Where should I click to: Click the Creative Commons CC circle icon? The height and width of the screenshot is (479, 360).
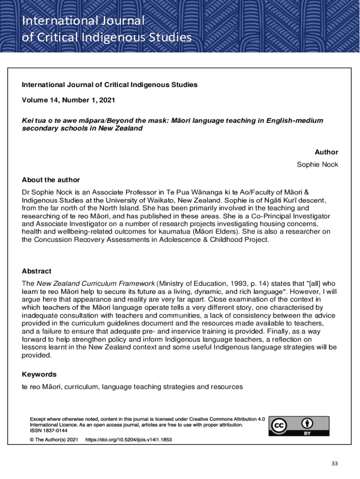pyautogui.click(x=280, y=426)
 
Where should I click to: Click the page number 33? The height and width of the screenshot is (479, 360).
pyautogui.click(x=334, y=464)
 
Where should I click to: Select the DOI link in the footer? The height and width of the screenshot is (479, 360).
pyautogui.click(x=125, y=440)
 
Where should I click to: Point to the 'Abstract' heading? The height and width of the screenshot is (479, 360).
pyautogui.click(x=36, y=271)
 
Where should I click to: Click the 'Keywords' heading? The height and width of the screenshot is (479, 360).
pyautogui.click(x=39, y=374)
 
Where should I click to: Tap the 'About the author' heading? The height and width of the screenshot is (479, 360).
pyautogui.click(x=51, y=180)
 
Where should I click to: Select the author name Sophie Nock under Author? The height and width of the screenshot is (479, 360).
pyautogui.click(x=317, y=165)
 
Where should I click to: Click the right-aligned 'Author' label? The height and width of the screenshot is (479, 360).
pyautogui.click(x=326, y=152)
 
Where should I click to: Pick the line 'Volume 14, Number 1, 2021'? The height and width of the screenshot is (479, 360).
pyautogui.click(x=68, y=100)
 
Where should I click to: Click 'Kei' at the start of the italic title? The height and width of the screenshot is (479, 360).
pyautogui.click(x=28, y=121)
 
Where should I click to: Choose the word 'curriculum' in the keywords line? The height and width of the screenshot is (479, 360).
pyautogui.click(x=80, y=387)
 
